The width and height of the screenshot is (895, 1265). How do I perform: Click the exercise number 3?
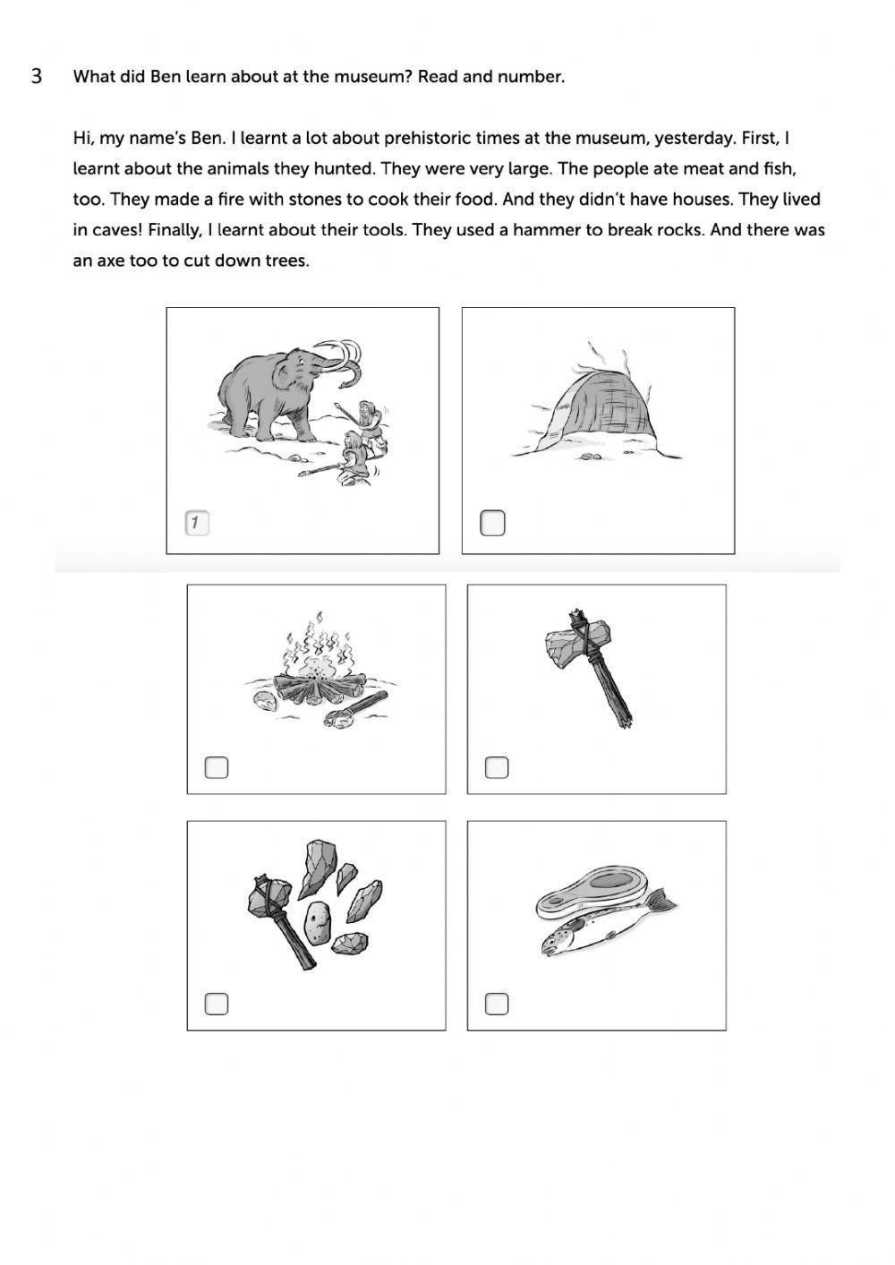(x=37, y=76)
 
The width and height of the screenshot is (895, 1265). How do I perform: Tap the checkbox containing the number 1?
(x=197, y=523)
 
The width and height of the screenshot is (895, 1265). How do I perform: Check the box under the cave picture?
(x=492, y=523)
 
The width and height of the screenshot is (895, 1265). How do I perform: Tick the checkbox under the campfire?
(x=217, y=767)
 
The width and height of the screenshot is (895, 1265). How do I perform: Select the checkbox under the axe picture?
(x=497, y=767)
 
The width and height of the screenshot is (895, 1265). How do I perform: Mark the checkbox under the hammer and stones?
(x=217, y=1004)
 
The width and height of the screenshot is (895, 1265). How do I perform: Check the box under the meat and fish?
(x=497, y=1004)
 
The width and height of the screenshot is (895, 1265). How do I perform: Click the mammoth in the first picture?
(x=268, y=389)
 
